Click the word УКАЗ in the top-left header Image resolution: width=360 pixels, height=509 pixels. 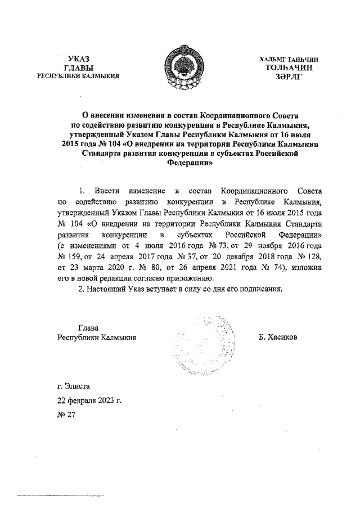pyautogui.click(x=79, y=59)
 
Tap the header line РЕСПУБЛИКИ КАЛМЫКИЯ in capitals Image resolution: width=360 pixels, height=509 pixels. pyautogui.click(x=78, y=76)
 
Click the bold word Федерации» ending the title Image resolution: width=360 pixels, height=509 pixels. pyautogui.click(x=190, y=164)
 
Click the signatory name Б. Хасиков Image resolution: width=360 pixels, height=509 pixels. pyautogui.click(x=278, y=337)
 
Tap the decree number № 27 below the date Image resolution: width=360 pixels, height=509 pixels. pyautogui.click(x=66, y=416)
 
